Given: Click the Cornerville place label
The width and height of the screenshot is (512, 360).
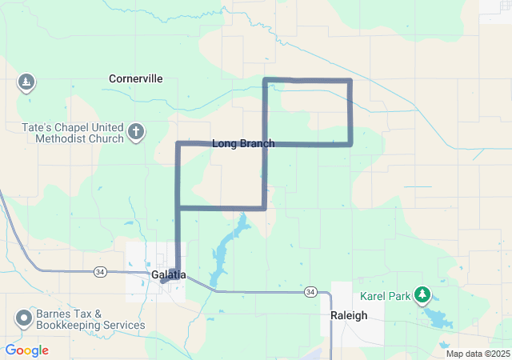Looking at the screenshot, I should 136,78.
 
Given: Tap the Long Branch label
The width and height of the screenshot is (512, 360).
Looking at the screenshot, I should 242,144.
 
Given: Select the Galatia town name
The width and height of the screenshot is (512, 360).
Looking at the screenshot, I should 168,274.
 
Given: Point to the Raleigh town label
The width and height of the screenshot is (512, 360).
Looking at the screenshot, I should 349,315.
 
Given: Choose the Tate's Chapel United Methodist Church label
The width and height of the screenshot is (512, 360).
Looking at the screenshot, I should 79,133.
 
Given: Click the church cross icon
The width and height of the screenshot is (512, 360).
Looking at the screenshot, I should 136,132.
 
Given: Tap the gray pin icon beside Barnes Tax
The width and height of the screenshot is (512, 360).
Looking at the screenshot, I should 23,318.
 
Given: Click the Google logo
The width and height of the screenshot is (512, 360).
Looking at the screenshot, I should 26,350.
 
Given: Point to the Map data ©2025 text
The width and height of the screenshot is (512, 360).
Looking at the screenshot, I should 478,354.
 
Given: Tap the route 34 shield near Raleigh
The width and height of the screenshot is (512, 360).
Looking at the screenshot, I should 310,293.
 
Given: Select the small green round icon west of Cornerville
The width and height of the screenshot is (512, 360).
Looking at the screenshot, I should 26,82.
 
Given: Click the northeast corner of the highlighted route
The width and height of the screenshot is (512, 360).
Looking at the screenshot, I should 350,81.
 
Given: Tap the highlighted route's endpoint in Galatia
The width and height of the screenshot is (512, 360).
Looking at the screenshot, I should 163,280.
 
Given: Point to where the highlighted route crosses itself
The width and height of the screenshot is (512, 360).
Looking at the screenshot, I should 265,144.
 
